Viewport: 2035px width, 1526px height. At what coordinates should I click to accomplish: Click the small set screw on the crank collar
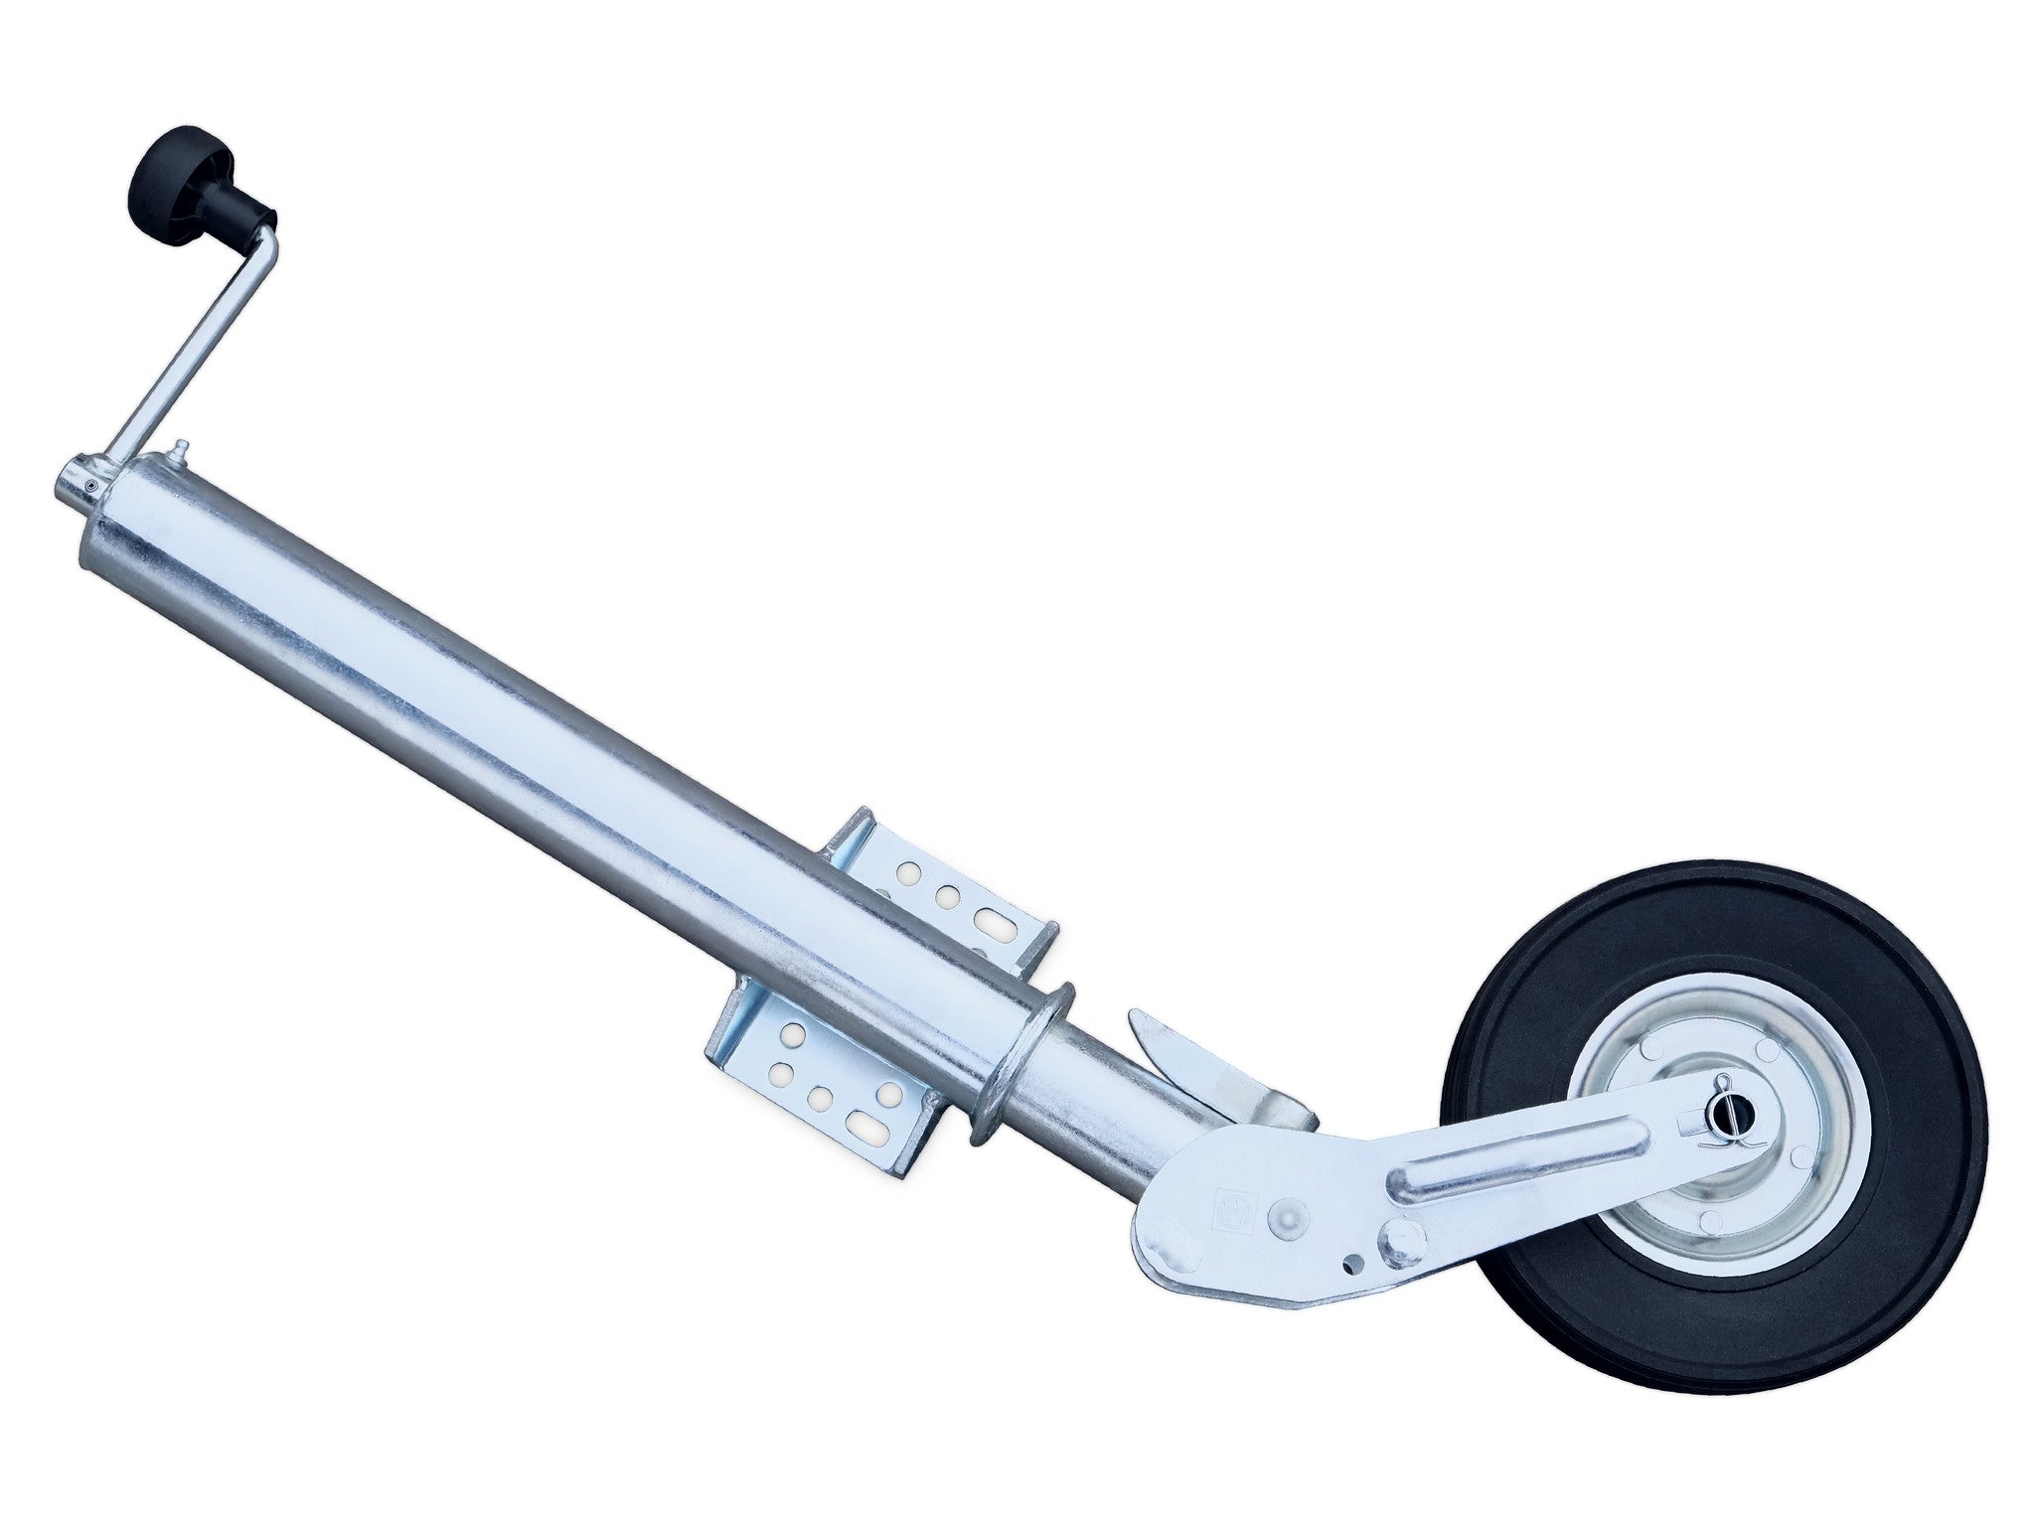point(89,486)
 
